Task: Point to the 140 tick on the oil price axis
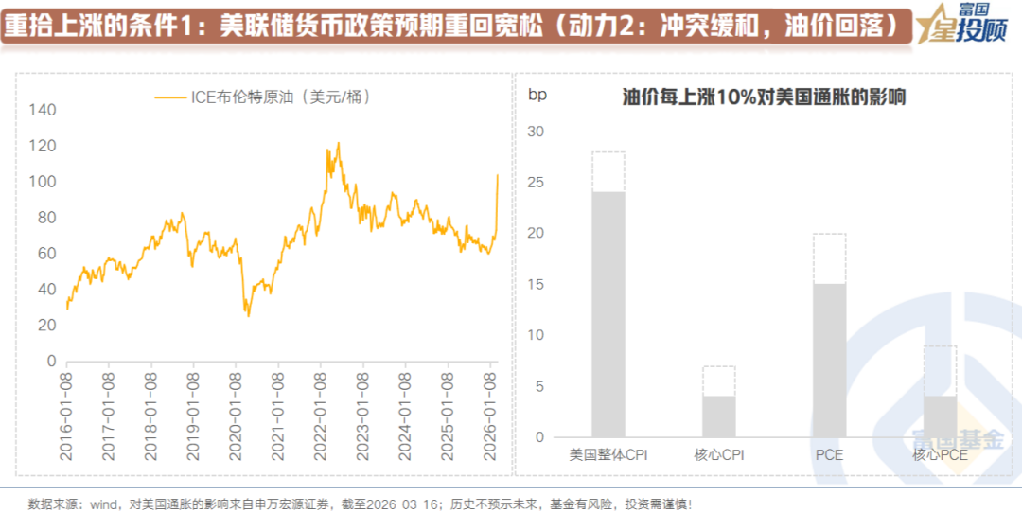tap(43, 111)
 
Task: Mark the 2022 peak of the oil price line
tap(338, 144)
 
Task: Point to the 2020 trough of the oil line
tap(249, 315)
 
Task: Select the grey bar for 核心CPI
tap(718, 416)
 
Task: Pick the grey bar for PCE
tap(829, 361)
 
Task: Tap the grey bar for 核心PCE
tap(940, 416)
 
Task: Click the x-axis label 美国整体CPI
tap(608, 455)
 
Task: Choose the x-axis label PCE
tap(829, 455)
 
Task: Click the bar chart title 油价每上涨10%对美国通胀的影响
tap(764, 97)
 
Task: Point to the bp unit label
tap(537, 95)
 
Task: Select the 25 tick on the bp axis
tap(536, 183)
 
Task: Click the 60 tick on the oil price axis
tap(45, 254)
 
